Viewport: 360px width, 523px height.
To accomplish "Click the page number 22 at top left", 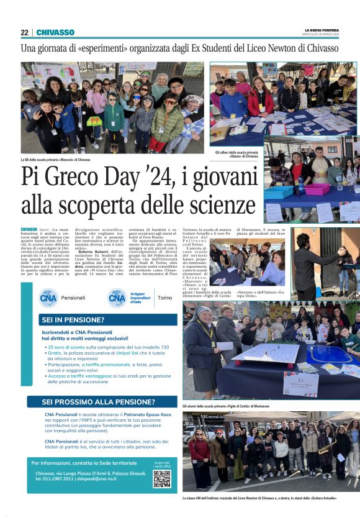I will coord(24,32).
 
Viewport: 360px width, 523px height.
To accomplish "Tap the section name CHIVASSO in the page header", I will coord(55,32).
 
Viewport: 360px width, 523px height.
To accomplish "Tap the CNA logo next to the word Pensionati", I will coord(48,298).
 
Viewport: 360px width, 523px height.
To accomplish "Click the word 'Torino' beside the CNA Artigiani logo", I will coord(165,298).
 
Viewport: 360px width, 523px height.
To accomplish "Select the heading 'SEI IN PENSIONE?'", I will coord(73,321).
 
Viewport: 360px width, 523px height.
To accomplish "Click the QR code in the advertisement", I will coord(162,478).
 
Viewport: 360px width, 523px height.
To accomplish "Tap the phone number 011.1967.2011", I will coord(56,479).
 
